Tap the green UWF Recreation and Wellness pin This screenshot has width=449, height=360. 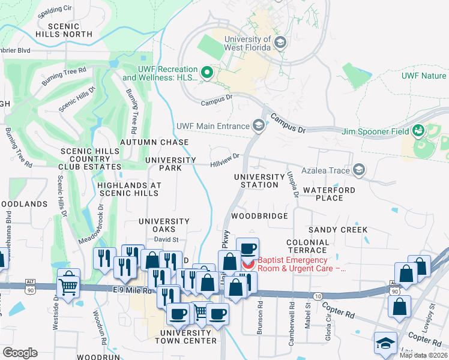pyautogui.click(x=207, y=73)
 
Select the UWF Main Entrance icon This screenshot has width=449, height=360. pyautogui.click(x=259, y=125)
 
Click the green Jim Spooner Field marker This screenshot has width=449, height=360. pyautogui.click(x=419, y=131)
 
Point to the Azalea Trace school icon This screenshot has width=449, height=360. pyautogui.click(x=359, y=170)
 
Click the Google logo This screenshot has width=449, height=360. pyautogui.click(x=19, y=352)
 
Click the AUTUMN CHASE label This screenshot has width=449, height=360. pyautogui.click(x=154, y=142)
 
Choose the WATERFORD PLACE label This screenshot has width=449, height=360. pyautogui.click(x=329, y=194)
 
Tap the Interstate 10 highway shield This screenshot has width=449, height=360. pyautogui.click(x=318, y=296)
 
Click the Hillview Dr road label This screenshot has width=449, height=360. pyautogui.click(x=224, y=159)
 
